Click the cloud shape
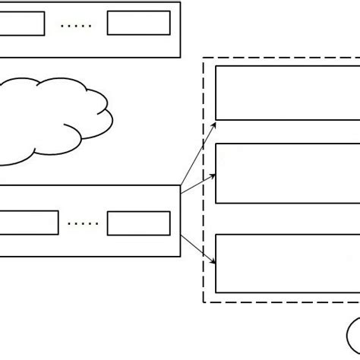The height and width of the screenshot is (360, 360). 53,122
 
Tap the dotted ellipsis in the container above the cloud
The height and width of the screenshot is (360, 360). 75,26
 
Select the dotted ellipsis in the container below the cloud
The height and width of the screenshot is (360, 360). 84,224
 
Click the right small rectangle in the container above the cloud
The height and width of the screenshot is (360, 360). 138,24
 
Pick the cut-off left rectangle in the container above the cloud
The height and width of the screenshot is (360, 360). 21,24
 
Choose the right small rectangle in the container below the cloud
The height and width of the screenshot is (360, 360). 138,223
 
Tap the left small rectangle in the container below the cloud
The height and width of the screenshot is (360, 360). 29,223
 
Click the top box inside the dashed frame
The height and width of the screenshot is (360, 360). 287,93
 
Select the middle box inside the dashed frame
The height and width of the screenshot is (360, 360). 287,173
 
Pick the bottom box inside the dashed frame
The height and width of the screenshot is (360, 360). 287,264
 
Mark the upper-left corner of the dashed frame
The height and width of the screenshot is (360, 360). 204,59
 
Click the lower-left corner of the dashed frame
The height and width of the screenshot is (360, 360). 204,302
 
